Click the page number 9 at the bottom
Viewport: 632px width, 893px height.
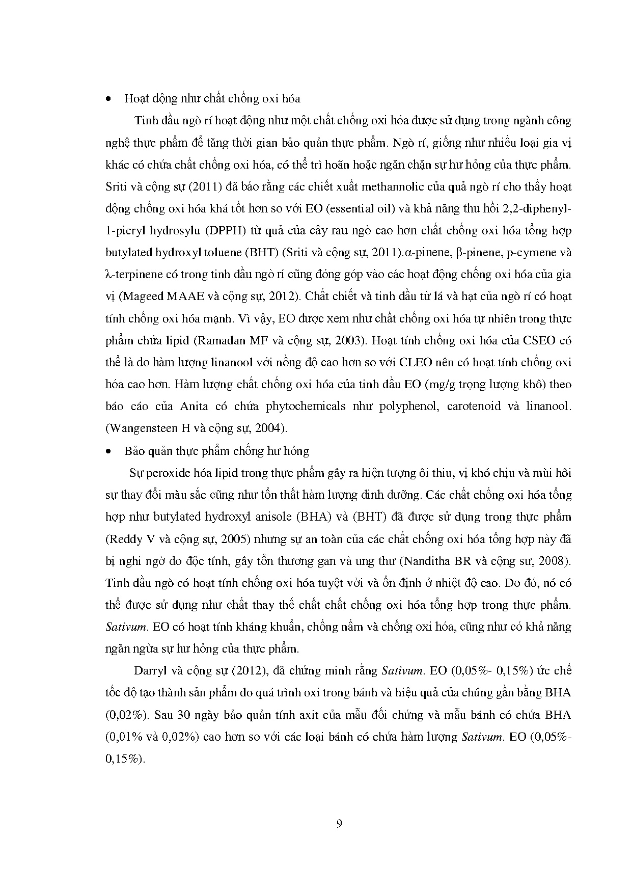[x=339, y=824]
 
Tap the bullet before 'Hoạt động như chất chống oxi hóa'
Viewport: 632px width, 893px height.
[x=107, y=99]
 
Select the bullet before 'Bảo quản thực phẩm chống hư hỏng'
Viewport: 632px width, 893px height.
[x=107, y=451]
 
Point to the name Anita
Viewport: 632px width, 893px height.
[x=193, y=407]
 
